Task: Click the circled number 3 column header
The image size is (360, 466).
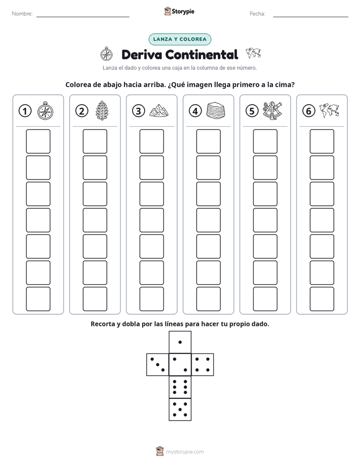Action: coord(139,111)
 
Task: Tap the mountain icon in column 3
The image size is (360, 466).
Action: coord(159,110)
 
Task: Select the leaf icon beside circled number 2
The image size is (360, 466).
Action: coord(102,110)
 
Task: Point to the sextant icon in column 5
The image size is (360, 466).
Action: coord(272,110)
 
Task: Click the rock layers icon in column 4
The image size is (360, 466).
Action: coord(216,110)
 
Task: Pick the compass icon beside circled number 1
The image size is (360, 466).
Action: coord(45,110)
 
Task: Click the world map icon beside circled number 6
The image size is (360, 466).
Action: coord(329,110)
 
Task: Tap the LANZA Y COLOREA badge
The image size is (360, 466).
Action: coord(179,39)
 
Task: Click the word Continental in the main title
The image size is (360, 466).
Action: coord(202,54)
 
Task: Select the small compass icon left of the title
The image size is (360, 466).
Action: coord(106,54)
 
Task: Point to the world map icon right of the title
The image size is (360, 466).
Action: coord(253,53)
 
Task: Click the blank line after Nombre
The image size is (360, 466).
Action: coord(83,17)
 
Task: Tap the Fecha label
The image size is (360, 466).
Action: coord(257,14)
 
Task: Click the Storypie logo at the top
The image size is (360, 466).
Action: coord(179,12)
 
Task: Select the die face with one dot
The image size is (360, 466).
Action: coord(180,342)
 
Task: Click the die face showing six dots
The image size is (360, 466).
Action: coord(180,387)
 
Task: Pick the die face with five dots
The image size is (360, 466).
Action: coord(180,410)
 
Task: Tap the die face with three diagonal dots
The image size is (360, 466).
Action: coord(158,365)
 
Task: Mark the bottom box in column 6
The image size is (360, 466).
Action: coord(322,299)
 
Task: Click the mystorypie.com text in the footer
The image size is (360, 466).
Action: coord(185,452)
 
